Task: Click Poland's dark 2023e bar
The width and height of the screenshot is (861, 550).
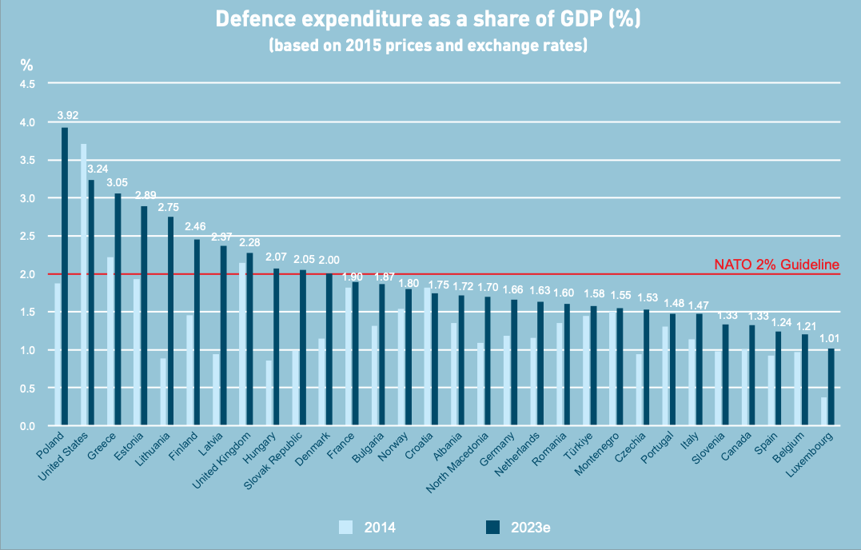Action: click(x=65, y=276)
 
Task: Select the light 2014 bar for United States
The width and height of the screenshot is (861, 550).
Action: click(x=83, y=285)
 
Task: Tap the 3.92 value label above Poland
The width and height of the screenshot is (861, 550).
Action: click(x=68, y=115)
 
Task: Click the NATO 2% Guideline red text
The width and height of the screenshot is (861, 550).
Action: click(x=776, y=265)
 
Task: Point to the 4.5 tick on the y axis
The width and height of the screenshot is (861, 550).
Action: click(x=27, y=84)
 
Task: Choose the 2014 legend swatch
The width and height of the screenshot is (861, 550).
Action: click(x=345, y=527)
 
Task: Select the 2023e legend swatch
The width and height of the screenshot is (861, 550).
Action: click(x=493, y=527)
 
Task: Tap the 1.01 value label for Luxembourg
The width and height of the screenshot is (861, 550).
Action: click(x=830, y=339)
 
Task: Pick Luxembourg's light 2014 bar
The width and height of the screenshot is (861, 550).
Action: click(x=823, y=411)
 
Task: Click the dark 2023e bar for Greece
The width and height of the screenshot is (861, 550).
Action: click(x=118, y=309)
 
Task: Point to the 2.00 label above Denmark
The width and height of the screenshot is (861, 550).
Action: click(x=329, y=260)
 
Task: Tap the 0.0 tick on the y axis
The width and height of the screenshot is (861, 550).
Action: click(x=27, y=426)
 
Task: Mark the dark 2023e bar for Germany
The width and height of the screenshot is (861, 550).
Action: click(x=514, y=362)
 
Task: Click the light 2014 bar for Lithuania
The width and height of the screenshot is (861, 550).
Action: click(x=163, y=392)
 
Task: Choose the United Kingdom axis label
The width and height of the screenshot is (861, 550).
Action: click(x=221, y=460)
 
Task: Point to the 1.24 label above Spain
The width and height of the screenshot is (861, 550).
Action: click(x=782, y=322)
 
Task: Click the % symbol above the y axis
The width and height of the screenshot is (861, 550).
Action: click(x=27, y=66)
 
